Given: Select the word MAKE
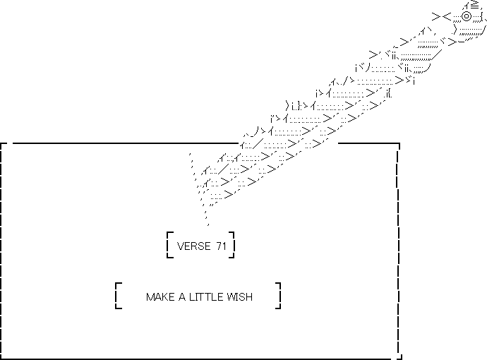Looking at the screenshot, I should point(160,297).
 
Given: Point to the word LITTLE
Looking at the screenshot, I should point(208,297).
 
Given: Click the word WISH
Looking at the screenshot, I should point(241,297).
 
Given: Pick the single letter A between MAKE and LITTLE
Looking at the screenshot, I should point(181,297).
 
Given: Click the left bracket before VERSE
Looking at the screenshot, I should point(169,244).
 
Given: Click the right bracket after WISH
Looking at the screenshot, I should point(278,296).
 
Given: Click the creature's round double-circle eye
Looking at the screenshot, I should point(467,16).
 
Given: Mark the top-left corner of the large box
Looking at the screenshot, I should point(3,145).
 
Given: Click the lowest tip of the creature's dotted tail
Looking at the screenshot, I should point(207,224).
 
